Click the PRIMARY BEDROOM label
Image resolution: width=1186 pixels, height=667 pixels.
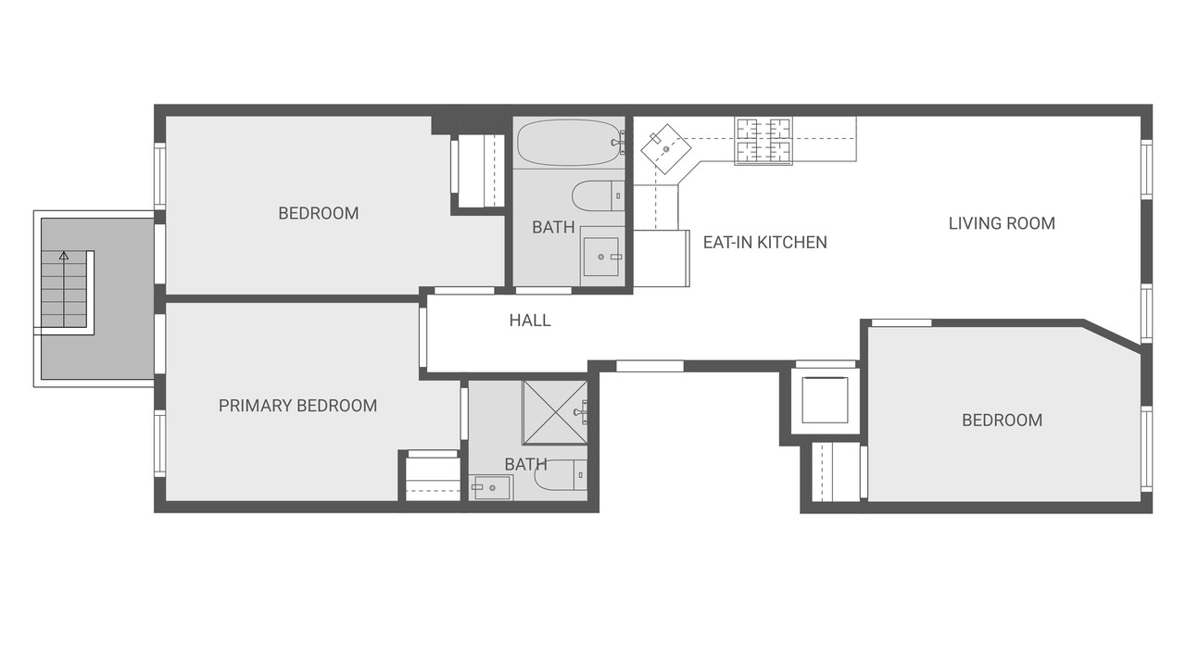pos(297,406)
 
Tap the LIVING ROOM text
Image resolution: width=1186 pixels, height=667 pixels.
pos(1002,223)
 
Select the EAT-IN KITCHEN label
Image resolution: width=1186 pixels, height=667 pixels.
pos(764,243)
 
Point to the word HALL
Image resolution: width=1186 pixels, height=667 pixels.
pos(530,321)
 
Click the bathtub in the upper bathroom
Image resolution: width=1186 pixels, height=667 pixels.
pos(568,142)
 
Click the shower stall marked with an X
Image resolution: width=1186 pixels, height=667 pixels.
pos(554,413)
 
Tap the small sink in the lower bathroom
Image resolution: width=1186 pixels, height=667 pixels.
pos(491,486)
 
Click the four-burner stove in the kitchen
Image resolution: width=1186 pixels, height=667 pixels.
pos(763,140)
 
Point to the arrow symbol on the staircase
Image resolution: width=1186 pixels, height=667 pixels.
pos(64,255)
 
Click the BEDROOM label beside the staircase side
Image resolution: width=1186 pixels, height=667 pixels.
pos(318,213)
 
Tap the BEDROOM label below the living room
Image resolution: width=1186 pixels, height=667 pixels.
pos(1002,421)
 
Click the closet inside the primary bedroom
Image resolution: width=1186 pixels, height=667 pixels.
pos(433,477)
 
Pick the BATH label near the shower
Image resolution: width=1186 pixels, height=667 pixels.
pos(525,464)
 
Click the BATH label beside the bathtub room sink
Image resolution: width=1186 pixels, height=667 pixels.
pos(553,227)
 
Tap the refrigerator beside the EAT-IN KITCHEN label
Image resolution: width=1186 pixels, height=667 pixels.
pos(661,258)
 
